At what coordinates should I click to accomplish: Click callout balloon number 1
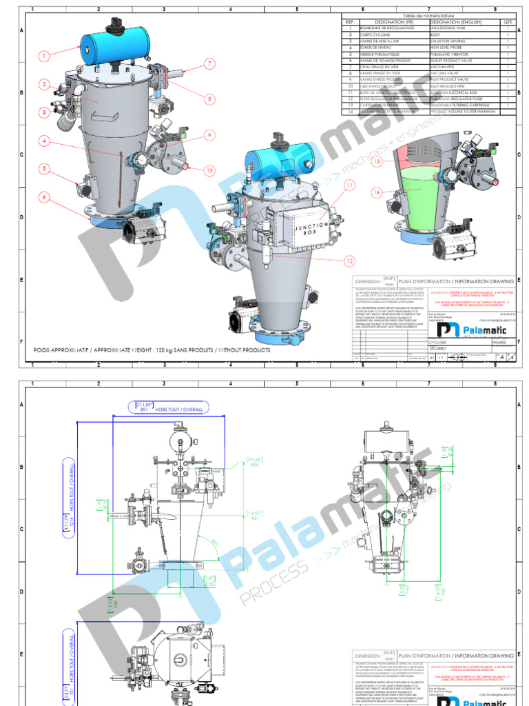45,56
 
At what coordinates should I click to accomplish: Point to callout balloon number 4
45,141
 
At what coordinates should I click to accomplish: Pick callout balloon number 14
377,193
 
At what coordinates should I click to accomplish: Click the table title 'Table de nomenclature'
427,14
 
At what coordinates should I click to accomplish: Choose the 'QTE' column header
508,22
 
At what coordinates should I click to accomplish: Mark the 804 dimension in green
255,465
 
